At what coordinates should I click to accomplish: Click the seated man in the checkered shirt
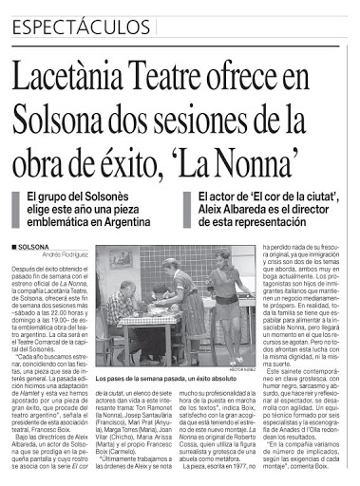coord(121,308)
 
